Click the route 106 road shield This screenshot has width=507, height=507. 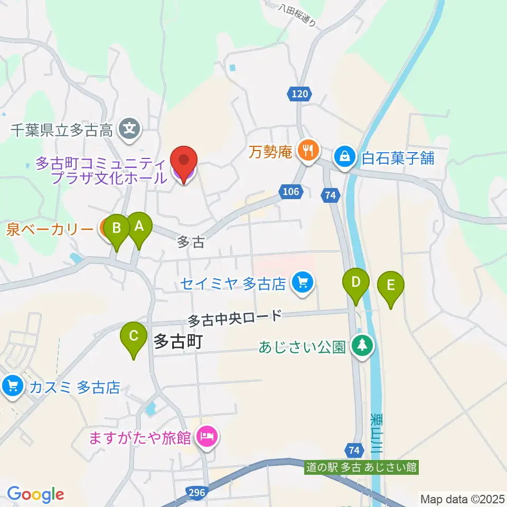coord(293,193)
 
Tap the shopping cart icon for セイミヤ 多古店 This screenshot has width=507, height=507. coord(303,283)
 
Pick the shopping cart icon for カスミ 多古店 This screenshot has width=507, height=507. coord(12,387)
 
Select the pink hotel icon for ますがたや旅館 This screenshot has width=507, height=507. coord(206,437)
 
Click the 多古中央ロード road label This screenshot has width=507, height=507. coord(235,318)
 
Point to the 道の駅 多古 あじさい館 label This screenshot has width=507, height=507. coord(362,467)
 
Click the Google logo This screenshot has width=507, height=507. coord(35,494)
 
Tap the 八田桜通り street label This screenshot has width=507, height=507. coord(299,15)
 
